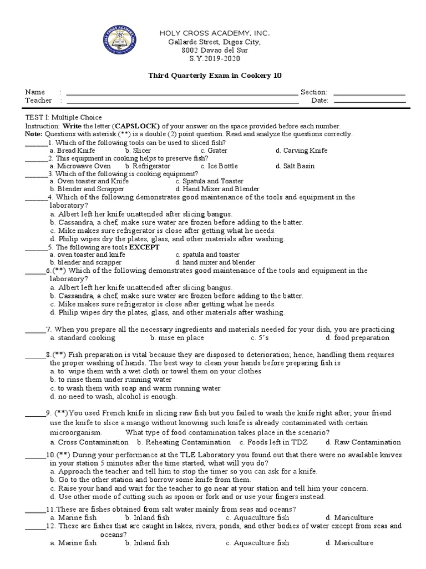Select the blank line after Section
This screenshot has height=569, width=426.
[369, 93]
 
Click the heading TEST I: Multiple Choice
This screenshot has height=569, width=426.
[64, 117]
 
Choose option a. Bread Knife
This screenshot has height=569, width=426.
[72, 151]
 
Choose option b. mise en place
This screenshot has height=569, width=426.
[177, 337]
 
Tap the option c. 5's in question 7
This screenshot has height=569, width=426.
[260, 337]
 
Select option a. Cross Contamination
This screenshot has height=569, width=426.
[89, 442]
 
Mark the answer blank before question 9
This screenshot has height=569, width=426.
[35, 414]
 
